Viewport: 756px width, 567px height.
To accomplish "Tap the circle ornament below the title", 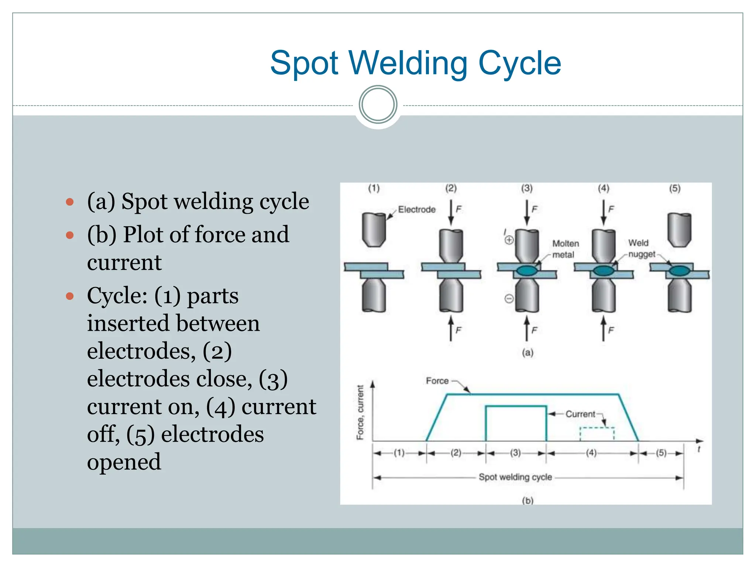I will [x=378, y=104].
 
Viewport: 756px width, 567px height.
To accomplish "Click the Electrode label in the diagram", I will [x=416, y=209].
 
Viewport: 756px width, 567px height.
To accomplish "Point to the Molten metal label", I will [x=565, y=249].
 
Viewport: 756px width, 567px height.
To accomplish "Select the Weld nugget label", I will [x=641, y=248].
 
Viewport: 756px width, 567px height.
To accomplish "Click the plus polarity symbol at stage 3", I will [x=509, y=240].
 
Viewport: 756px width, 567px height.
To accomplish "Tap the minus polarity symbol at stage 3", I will [x=509, y=298].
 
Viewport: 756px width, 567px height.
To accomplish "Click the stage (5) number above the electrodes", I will [x=675, y=188].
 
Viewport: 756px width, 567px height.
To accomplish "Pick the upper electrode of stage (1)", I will [x=374, y=229].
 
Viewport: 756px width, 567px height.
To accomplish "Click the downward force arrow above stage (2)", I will [x=451, y=212].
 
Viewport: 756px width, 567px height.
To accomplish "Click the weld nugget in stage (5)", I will [x=680, y=271].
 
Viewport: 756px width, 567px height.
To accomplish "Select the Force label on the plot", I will [x=437, y=381].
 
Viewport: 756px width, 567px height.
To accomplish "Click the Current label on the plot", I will [x=580, y=414].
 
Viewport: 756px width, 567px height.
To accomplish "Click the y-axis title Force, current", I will [x=360, y=412].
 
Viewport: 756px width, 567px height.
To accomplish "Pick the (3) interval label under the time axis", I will [x=515, y=453].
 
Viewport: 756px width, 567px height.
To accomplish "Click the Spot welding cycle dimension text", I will [x=515, y=477].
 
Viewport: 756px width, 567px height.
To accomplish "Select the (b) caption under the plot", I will [x=528, y=501].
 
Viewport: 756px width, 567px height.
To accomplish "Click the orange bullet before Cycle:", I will [x=70, y=296].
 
